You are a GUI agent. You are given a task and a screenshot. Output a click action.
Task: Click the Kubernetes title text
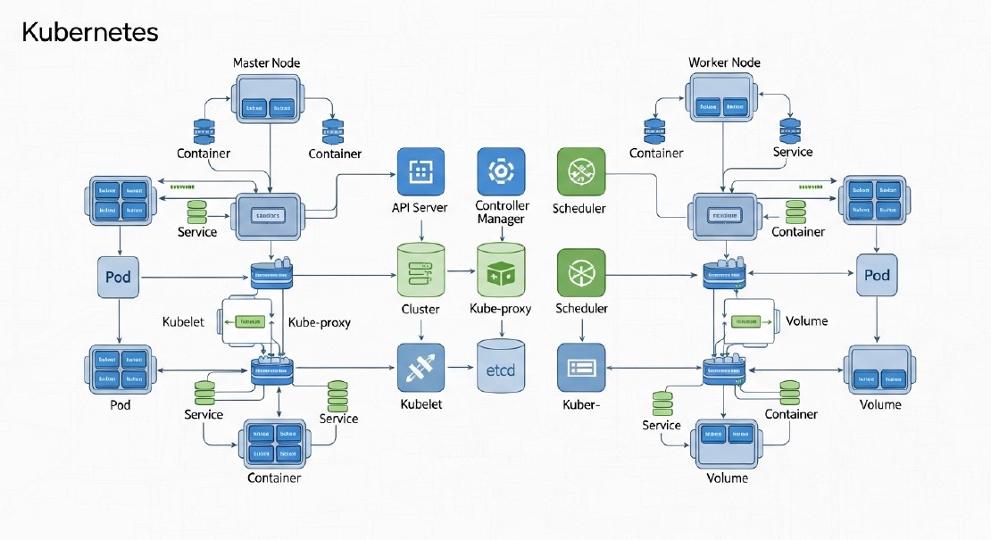[89, 33]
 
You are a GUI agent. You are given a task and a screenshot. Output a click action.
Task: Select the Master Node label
[266, 63]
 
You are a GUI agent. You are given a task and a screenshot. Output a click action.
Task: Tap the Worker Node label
[724, 63]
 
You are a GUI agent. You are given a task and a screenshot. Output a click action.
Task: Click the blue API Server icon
[420, 171]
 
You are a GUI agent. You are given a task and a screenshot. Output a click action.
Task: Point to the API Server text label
[420, 208]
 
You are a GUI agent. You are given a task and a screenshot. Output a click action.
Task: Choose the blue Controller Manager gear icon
[501, 171]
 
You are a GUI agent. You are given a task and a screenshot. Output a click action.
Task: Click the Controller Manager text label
[502, 212]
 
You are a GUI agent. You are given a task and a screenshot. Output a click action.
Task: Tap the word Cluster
[421, 309]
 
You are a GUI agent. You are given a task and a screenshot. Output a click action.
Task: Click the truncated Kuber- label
[580, 404]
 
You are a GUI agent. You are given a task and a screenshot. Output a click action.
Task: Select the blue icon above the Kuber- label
[581, 368]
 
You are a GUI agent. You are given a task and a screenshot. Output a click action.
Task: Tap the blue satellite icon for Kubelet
[421, 368]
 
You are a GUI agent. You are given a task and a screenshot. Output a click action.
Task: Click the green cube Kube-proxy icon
[502, 271]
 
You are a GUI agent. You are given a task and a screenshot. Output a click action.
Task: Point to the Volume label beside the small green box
[807, 321]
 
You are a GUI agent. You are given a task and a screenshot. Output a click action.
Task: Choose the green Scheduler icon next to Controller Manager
[581, 171]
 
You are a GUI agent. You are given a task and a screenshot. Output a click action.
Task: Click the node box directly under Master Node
[269, 101]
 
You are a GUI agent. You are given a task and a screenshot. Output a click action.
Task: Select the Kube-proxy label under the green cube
[500, 309]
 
